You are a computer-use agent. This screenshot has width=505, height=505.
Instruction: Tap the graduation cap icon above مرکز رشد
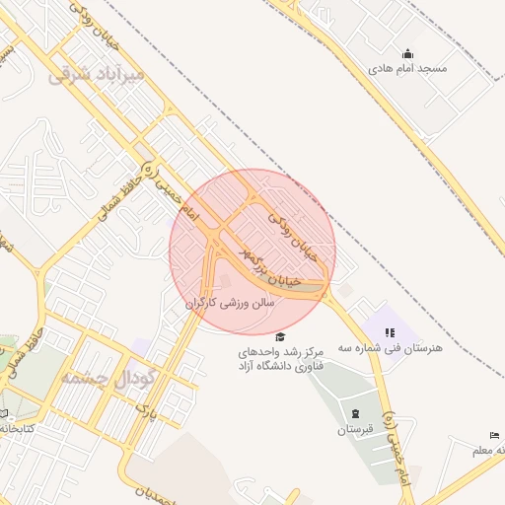click(x=280, y=336)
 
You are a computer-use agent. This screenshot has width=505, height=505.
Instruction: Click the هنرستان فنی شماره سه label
click(x=391, y=348)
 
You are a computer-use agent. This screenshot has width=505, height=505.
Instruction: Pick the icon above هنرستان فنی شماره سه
click(x=391, y=332)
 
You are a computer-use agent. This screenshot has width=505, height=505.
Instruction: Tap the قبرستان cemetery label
click(x=355, y=430)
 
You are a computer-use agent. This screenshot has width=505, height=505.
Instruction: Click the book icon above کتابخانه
click(x=3, y=413)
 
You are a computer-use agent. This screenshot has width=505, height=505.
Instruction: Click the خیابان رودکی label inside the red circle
click(x=294, y=237)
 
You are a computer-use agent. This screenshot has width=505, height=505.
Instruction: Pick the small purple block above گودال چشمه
click(x=143, y=347)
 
